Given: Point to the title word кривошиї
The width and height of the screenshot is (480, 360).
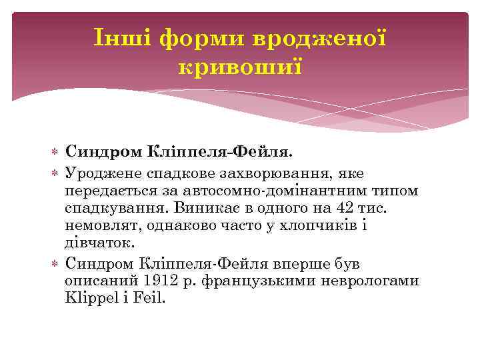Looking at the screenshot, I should tap(240, 67).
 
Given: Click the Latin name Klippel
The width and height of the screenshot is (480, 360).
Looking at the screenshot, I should tap(91, 297).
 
